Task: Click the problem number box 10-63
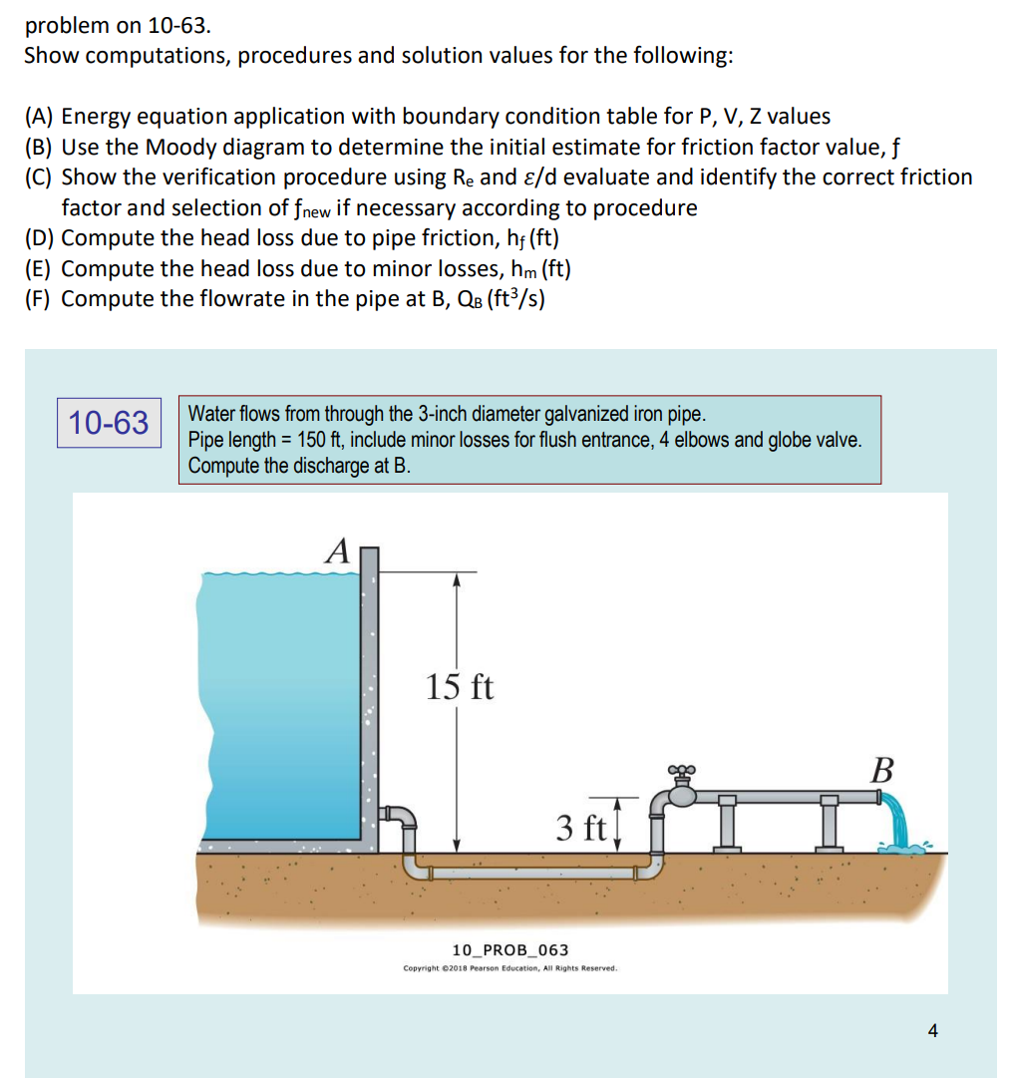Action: [110, 423]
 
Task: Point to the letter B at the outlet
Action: [882, 771]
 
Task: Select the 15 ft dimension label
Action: [460, 687]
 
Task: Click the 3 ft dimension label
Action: [581, 827]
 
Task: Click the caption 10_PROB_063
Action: [510, 950]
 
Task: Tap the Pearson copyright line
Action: [510, 968]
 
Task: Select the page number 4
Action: [932, 1031]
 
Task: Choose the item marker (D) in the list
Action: [40, 238]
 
